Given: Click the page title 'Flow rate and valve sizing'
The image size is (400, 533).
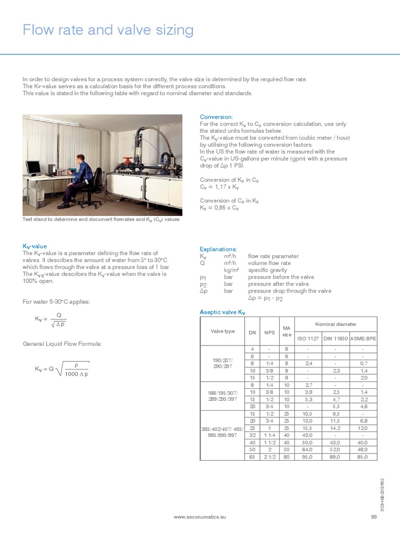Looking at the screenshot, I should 108,30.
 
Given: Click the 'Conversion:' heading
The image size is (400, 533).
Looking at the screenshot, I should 217,117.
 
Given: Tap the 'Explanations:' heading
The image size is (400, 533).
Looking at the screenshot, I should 218,249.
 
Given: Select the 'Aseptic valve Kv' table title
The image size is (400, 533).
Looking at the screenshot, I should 222,312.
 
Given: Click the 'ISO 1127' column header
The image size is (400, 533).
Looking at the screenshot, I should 308,338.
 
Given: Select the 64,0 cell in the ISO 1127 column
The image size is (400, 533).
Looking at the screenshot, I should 308,449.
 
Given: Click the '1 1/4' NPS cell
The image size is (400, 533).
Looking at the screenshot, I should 269,435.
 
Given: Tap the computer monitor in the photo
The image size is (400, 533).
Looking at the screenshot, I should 34,168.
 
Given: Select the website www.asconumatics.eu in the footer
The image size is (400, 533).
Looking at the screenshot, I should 199,516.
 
